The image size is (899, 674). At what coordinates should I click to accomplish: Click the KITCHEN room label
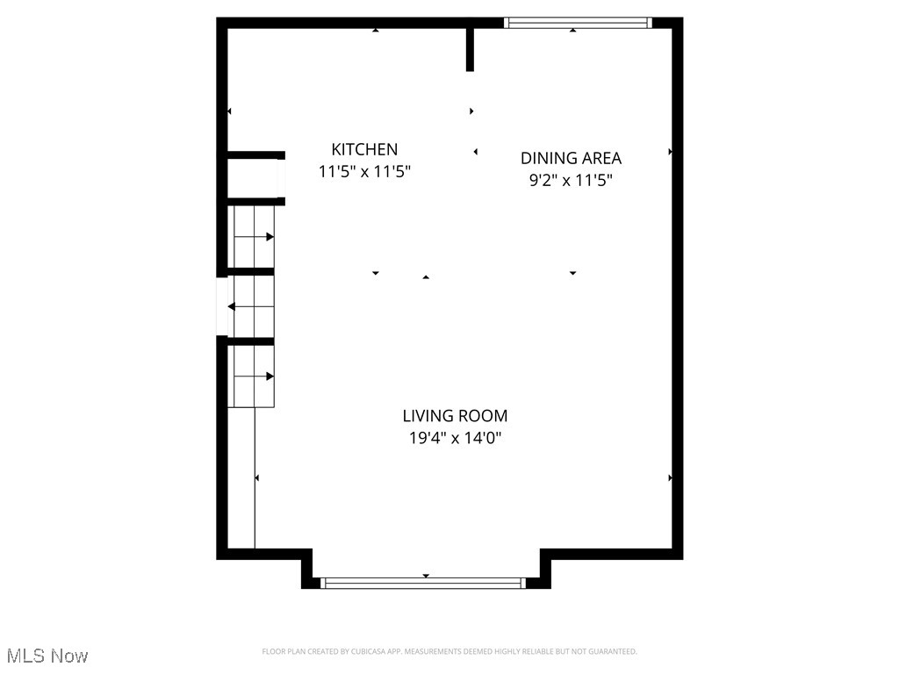coord(364,150)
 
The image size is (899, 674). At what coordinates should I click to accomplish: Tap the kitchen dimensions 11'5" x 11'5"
coord(364,172)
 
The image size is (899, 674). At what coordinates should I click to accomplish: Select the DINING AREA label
coord(571,159)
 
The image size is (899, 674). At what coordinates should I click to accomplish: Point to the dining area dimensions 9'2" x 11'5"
coord(571,181)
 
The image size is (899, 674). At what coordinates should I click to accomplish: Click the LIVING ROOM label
coord(455,416)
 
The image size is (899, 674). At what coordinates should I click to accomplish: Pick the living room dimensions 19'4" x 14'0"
coord(455,438)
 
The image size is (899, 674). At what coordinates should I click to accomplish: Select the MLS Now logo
coord(47,656)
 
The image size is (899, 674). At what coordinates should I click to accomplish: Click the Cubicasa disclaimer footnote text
coord(449,651)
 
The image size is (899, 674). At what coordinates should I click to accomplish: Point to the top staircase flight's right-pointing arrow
coord(270,237)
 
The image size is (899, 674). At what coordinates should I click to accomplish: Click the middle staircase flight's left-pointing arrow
coord(232,306)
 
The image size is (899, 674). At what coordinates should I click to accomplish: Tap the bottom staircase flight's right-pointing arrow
coord(270,376)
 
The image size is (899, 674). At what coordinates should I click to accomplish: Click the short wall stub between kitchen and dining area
coord(470,49)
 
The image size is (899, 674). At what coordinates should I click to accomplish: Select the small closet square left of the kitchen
coord(253,178)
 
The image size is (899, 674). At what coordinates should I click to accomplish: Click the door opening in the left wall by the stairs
coord(222,306)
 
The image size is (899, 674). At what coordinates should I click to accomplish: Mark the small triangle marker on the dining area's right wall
coord(671,152)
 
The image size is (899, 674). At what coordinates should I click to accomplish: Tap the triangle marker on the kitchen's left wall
coord(230,111)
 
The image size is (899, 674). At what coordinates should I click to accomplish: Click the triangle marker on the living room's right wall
coord(671,478)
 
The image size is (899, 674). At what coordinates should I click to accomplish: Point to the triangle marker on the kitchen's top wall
coord(376,31)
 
